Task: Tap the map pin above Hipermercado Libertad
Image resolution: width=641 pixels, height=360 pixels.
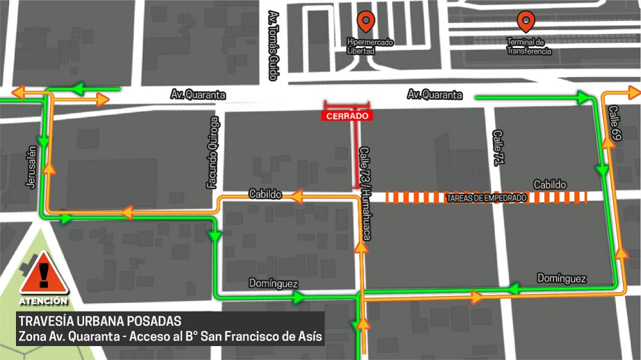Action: pos(366,22)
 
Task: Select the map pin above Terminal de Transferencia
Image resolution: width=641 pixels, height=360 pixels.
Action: pos(526,22)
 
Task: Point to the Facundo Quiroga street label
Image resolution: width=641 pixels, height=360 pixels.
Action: pos(214,152)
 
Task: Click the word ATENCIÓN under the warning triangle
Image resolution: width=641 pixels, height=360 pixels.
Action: pos(43,300)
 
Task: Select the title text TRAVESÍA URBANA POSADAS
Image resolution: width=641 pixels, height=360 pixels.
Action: pos(100,321)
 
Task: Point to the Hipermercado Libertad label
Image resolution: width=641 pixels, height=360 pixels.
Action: pos(370,46)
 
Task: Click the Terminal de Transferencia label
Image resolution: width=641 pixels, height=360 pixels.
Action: pos(529,47)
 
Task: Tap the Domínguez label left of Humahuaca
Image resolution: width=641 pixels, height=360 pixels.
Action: pos(274,283)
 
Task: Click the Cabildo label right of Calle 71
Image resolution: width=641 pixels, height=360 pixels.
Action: pos(550,184)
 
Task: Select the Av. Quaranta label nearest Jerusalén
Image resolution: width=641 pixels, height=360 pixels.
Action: pos(198,95)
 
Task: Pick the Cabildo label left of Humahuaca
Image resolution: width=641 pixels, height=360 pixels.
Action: pos(265,194)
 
